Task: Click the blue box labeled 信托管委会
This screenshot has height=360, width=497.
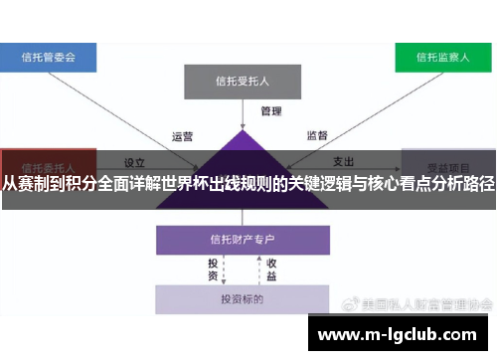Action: coord(49,57)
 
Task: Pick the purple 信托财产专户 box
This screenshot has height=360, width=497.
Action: coord(242,240)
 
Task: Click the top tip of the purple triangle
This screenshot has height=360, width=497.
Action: coord(242,130)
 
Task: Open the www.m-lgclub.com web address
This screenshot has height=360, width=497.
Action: coord(403,335)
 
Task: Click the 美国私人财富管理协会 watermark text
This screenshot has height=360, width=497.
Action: coord(428,302)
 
